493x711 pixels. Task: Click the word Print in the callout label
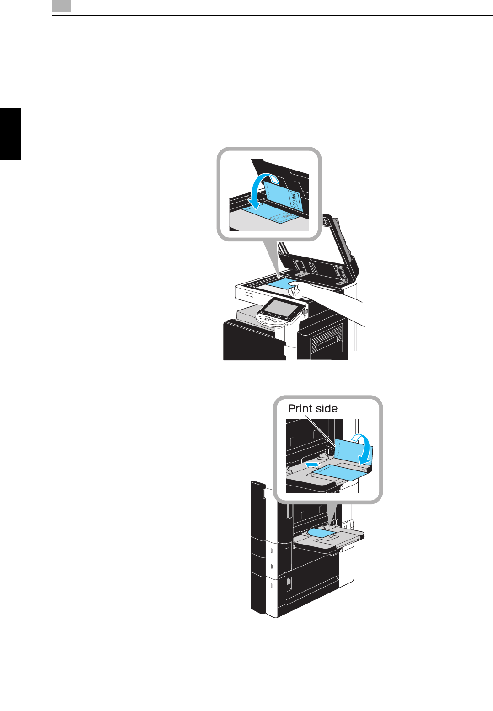point(300,408)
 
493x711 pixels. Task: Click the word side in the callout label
point(326,408)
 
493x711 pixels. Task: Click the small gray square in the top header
point(61,5)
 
